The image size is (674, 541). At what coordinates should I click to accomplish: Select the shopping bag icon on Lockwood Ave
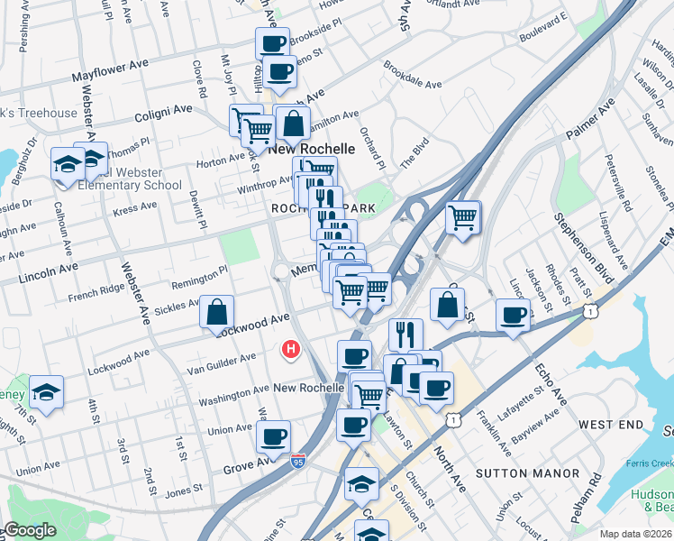tap(217, 312)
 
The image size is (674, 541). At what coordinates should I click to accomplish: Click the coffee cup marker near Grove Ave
tap(273, 437)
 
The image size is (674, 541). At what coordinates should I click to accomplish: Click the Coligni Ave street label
tap(163, 112)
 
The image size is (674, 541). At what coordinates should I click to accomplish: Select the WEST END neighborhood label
tap(611, 424)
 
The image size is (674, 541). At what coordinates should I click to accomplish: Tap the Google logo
tap(29, 531)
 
